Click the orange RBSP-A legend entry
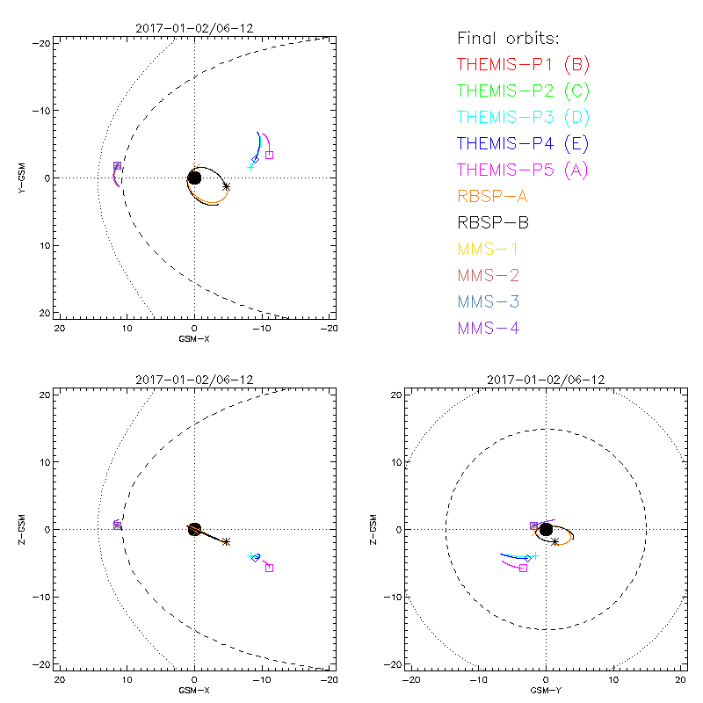[492, 196]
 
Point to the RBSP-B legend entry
[492, 222]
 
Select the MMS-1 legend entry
[489, 249]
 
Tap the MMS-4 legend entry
[489, 328]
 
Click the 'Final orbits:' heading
[509, 38]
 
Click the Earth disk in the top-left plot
[194, 178]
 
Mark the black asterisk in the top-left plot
[227, 186]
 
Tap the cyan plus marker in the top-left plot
[250, 165]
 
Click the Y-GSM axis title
[24, 178]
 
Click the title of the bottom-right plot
[546, 380]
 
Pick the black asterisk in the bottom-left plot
[227, 542]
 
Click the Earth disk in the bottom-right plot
[546, 529]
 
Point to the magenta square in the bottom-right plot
[523, 569]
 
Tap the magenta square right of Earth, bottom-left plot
[269, 568]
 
